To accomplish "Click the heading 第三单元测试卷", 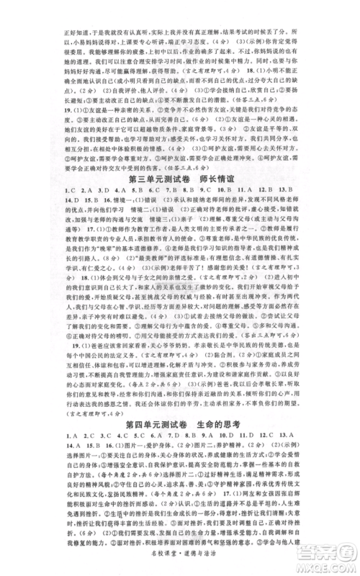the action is [x=150, y=178].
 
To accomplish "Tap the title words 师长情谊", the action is [x=219, y=178].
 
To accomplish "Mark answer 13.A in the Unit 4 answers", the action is [x=324, y=437].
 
